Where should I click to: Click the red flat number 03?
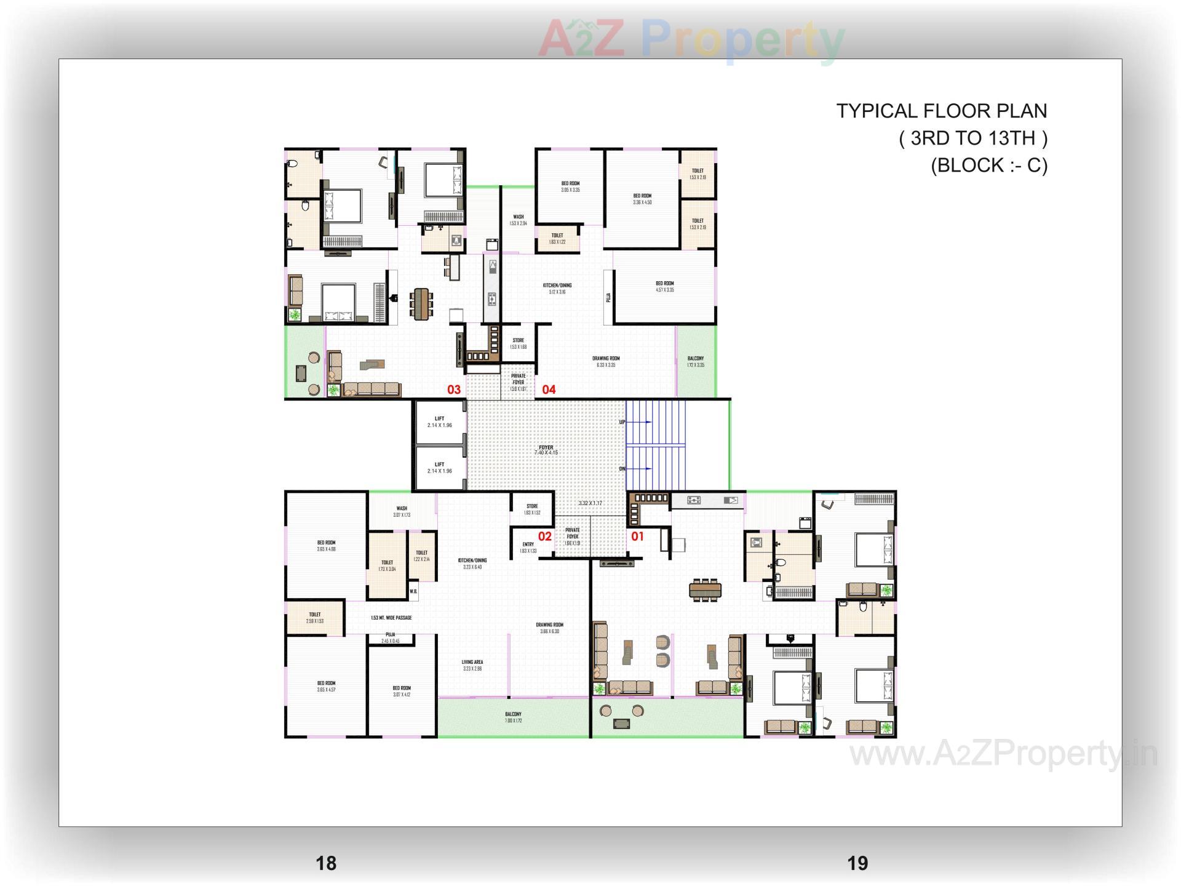[x=454, y=389]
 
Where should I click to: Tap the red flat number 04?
[x=549, y=389]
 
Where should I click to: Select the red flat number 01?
[x=637, y=537]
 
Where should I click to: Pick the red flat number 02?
[x=545, y=537]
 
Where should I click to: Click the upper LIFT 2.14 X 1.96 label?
[x=439, y=422]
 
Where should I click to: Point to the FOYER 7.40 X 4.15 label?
[x=546, y=450]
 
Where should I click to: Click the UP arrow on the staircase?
[x=640, y=422]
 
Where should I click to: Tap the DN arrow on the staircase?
[x=640, y=469]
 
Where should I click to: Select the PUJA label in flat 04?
[x=608, y=297]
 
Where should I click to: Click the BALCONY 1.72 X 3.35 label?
[x=696, y=362]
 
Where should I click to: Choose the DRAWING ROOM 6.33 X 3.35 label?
[x=606, y=362]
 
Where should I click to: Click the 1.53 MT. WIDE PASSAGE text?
[x=391, y=618]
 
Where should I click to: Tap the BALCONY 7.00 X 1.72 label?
[x=513, y=717]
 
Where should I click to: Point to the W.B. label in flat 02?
[x=413, y=591]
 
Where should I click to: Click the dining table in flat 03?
[x=421, y=304]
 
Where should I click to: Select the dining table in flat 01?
[x=705, y=589]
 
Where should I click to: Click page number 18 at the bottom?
[x=326, y=863]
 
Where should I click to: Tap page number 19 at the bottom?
[x=857, y=863]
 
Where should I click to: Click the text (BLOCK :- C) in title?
[x=988, y=165]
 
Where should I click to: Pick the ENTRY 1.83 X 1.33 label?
[x=528, y=548]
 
